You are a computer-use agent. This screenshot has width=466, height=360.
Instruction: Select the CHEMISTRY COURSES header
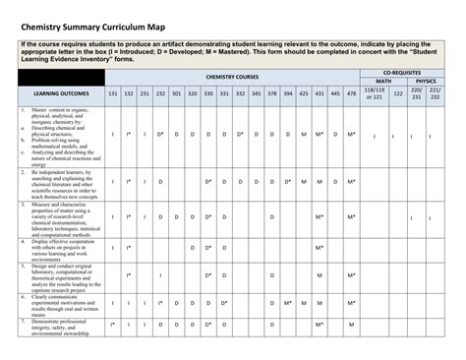[x=232, y=76]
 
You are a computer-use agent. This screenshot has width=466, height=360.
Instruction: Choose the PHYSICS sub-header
[x=426, y=82]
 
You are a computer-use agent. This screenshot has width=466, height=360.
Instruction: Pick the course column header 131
[x=113, y=93]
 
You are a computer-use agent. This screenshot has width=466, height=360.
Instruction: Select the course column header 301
[x=176, y=93]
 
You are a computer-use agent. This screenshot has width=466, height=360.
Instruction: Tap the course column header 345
[x=257, y=93]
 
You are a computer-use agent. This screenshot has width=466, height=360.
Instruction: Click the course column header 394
[x=288, y=93]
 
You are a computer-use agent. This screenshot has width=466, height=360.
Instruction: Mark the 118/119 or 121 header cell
[x=374, y=93]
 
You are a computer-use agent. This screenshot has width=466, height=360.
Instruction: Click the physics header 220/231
[x=416, y=93]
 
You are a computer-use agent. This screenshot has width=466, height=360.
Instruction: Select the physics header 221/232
[x=435, y=93]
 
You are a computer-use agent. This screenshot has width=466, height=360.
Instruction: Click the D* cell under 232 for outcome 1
[x=160, y=135]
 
